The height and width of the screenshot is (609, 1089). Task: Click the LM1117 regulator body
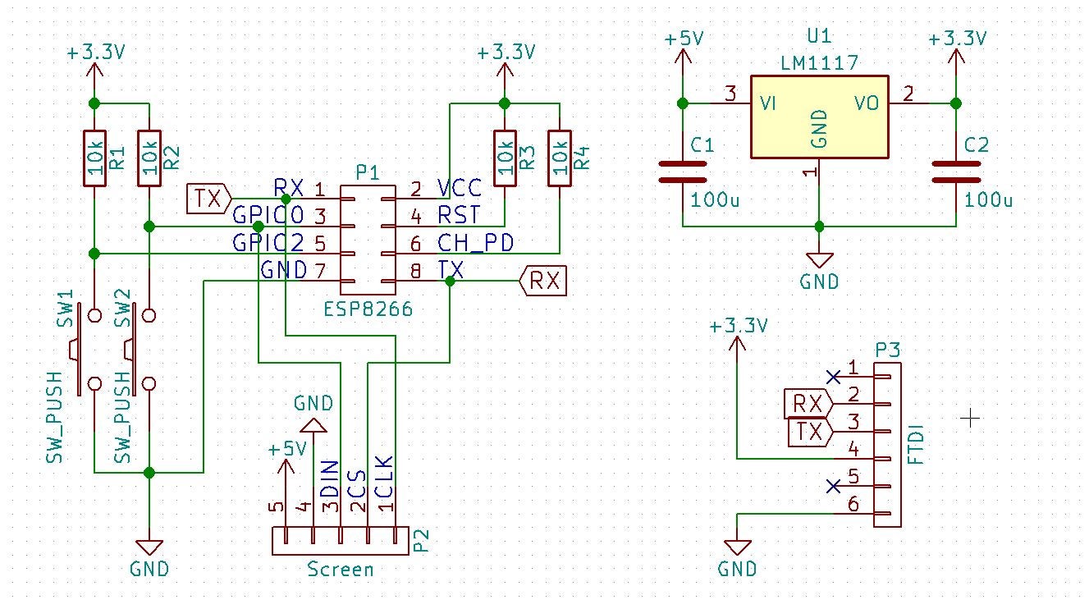819,117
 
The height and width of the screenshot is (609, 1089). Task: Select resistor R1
94,158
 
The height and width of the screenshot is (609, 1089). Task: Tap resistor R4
560,158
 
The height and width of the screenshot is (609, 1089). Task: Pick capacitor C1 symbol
682,171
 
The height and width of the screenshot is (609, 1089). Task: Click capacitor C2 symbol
955,171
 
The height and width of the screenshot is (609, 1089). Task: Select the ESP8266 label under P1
368,310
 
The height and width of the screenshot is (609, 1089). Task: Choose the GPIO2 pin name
268,242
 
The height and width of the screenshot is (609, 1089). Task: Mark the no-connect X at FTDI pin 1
834,377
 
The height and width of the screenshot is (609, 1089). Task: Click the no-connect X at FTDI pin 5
834,486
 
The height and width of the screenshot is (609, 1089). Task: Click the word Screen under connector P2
340,569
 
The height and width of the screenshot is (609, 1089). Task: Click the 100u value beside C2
988,199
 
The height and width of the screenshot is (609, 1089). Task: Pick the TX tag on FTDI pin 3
808,432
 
